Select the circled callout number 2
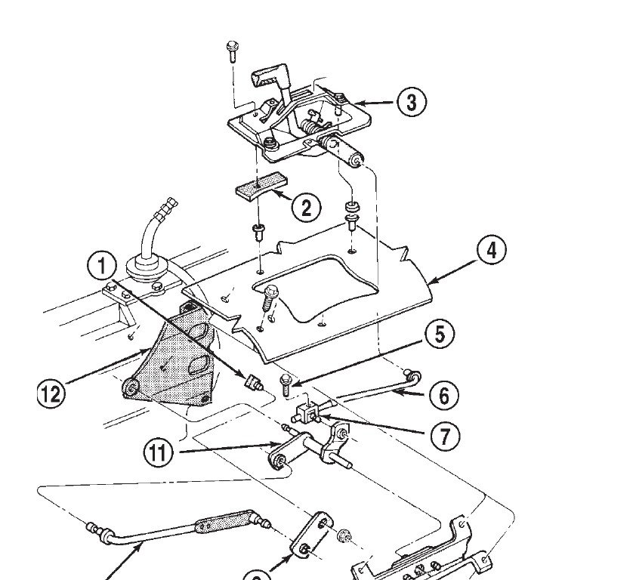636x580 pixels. click(x=305, y=207)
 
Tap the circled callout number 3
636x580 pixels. click(x=411, y=102)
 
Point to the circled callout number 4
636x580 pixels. click(x=491, y=250)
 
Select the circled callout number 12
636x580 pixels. click(x=51, y=391)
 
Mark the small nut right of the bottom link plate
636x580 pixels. click(x=344, y=535)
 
